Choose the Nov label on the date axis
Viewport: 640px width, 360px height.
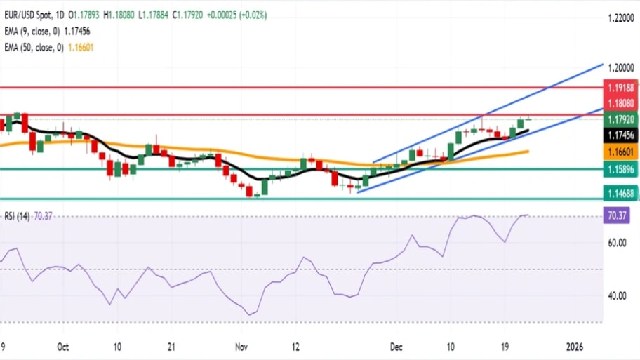241,347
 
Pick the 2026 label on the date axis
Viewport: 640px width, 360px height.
575,347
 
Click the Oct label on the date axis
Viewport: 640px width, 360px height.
62,347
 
